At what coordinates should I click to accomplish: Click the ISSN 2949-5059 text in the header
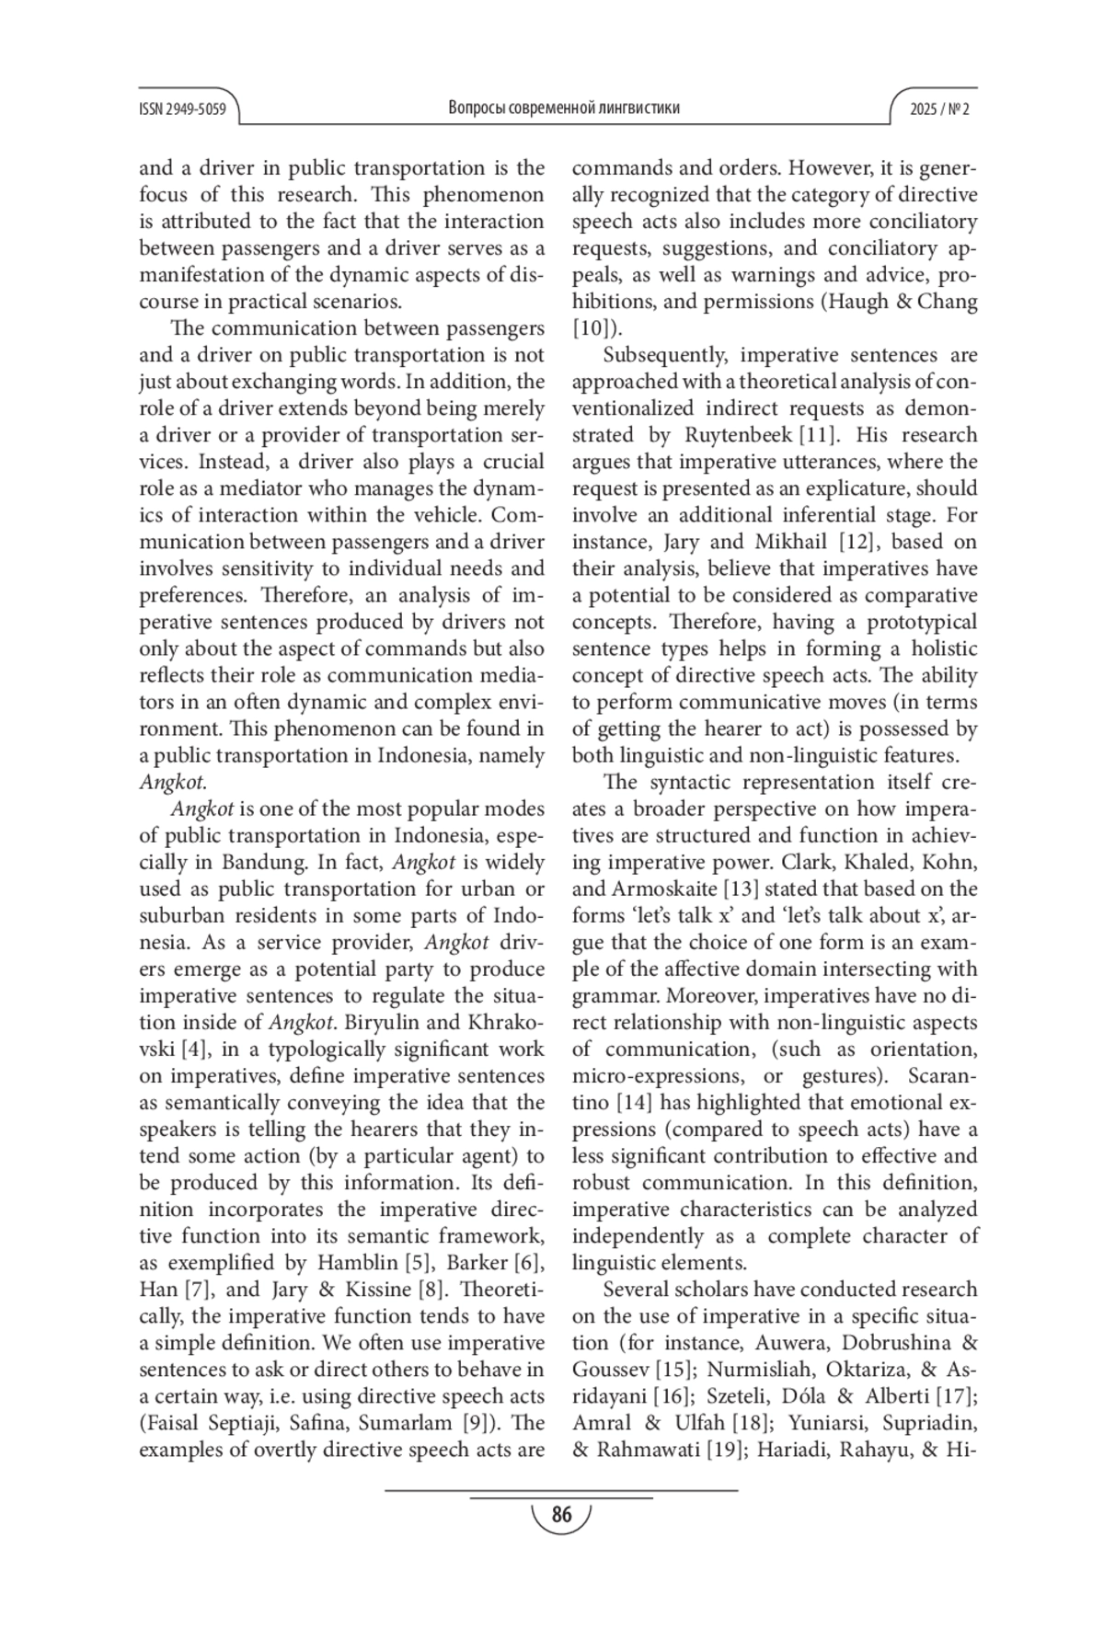(182, 109)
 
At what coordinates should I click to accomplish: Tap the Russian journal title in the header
(564, 108)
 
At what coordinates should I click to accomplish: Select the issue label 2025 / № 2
(939, 109)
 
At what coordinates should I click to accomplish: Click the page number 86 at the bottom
(561, 1514)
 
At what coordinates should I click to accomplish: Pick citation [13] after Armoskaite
(742, 889)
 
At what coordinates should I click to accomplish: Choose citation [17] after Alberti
(956, 1396)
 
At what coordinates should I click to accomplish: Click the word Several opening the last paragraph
(637, 1290)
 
